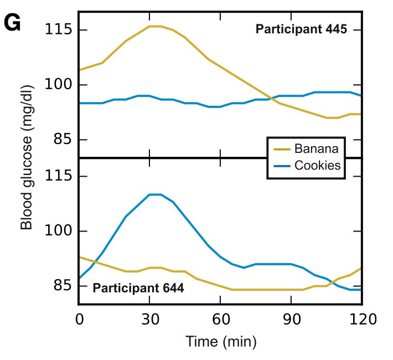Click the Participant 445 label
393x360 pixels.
coord(301,29)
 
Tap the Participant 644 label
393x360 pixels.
coord(138,288)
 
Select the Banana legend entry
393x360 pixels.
coord(316,149)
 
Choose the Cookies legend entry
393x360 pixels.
coord(317,165)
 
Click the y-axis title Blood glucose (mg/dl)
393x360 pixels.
coord(26,157)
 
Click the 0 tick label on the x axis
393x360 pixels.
coord(79,320)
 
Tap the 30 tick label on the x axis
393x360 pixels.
coord(149,320)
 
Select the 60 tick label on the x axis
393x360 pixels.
coord(220,320)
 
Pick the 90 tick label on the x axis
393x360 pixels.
coord(291,320)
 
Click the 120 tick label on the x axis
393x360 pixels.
coord(361,320)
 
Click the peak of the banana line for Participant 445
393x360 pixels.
coord(155,26)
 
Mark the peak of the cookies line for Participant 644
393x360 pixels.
coord(155,194)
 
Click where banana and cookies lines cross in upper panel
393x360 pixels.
coord(271,99)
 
